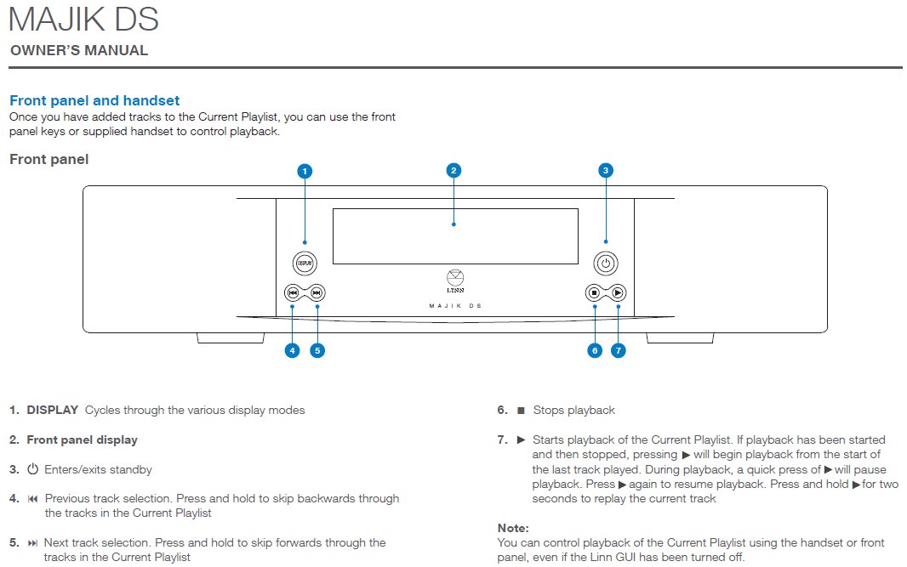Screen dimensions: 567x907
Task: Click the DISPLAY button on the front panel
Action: click(305, 264)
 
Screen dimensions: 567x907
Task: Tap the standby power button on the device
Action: click(606, 264)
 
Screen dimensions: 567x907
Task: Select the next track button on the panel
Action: click(317, 293)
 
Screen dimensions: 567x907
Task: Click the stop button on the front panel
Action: click(594, 293)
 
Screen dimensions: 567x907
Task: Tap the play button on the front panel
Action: click(619, 293)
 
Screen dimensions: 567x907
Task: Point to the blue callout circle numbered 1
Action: click(305, 171)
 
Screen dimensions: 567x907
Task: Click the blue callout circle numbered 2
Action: click(453, 170)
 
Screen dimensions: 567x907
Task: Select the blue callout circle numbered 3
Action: click(605, 170)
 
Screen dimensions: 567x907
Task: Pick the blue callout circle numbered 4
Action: click(293, 349)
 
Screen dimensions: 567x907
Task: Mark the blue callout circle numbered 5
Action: click(317, 349)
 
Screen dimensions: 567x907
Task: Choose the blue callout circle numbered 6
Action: click(594, 349)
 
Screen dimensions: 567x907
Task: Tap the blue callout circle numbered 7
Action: click(619, 349)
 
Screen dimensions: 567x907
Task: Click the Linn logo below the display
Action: click(455, 280)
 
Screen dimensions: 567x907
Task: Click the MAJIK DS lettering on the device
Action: click(455, 305)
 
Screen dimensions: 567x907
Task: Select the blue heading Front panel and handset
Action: click(94, 100)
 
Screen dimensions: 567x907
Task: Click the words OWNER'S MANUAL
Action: click(79, 50)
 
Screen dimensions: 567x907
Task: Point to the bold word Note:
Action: click(513, 528)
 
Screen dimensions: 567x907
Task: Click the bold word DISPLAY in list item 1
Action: click(52, 410)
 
